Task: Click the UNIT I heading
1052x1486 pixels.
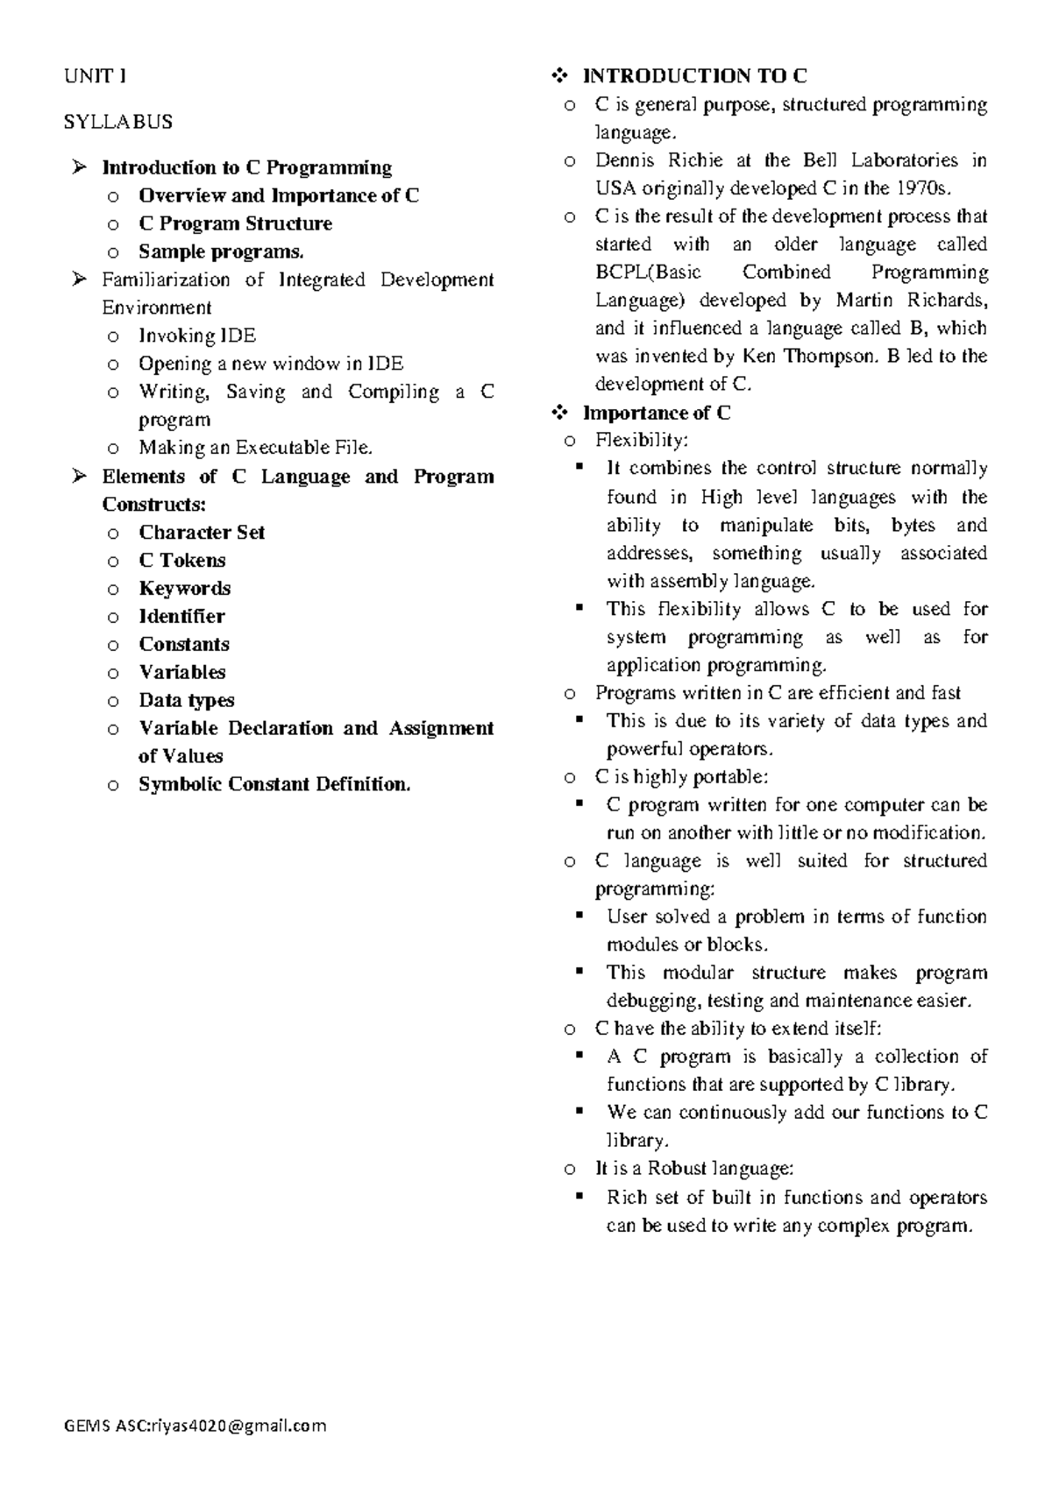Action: click(x=95, y=76)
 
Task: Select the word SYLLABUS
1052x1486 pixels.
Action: click(x=118, y=122)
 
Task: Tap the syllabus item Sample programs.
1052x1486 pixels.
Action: click(x=221, y=251)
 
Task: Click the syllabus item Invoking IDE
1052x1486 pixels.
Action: click(x=197, y=336)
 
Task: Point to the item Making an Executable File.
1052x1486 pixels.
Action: click(x=255, y=448)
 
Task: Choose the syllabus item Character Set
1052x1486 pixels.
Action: click(x=202, y=532)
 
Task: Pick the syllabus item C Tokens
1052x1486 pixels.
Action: click(x=182, y=560)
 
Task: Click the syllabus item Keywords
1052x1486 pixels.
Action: click(x=185, y=588)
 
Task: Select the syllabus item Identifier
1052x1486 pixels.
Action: click(x=181, y=616)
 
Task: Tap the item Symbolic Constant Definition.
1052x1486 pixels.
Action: click(x=274, y=784)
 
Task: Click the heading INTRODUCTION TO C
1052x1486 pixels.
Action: click(x=695, y=76)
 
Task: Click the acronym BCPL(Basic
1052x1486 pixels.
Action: click(x=648, y=272)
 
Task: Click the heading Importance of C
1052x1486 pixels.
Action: click(x=657, y=413)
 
